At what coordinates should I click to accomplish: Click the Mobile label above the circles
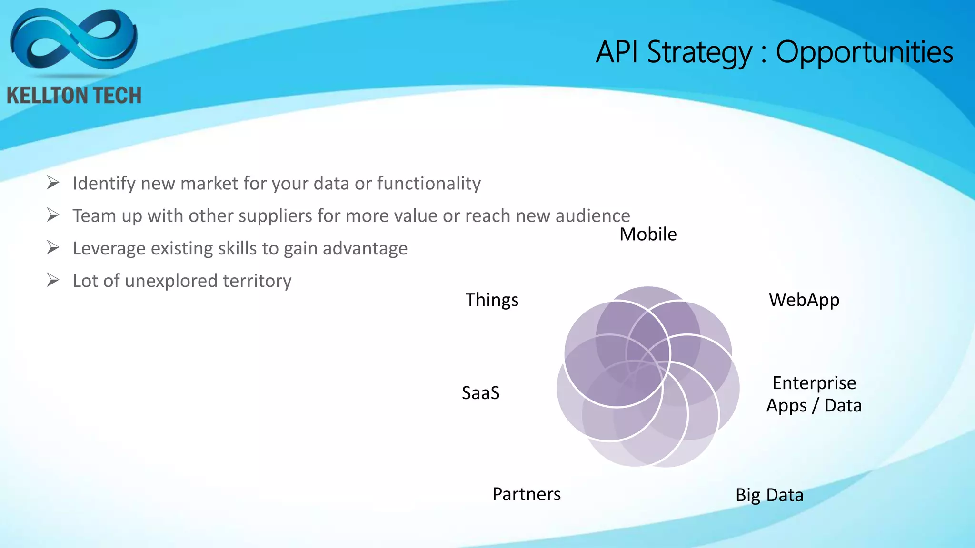pyautogui.click(x=648, y=235)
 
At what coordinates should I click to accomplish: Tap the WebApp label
pyautogui.click(x=804, y=300)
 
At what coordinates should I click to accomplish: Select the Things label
pyautogui.click(x=492, y=300)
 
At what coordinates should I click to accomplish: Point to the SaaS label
pyautogui.click(x=481, y=393)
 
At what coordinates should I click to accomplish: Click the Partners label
pyautogui.click(x=527, y=494)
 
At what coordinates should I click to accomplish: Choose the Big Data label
pyautogui.click(x=769, y=495)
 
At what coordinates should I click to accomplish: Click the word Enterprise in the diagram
pyautogui.click(x=814, y=383)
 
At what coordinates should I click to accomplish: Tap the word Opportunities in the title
pyautogui.click(x=865, y=52)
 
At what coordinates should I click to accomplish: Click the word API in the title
pyautogui.click(x=617, y=52)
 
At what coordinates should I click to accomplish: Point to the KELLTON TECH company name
pyautogui.click(x=74, y=96)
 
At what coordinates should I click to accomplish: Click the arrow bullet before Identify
pyautogui.click(x=53, y=183)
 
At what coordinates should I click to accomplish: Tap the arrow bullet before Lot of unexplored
pyautogui.click(x=53, y=281)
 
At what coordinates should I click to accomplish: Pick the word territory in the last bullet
pyautogui.click(x=257, y=281)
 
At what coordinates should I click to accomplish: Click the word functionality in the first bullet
pyautogui.click(x=429, y=184)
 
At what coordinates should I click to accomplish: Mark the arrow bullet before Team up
pyautogui.click(x=53, y=215)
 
